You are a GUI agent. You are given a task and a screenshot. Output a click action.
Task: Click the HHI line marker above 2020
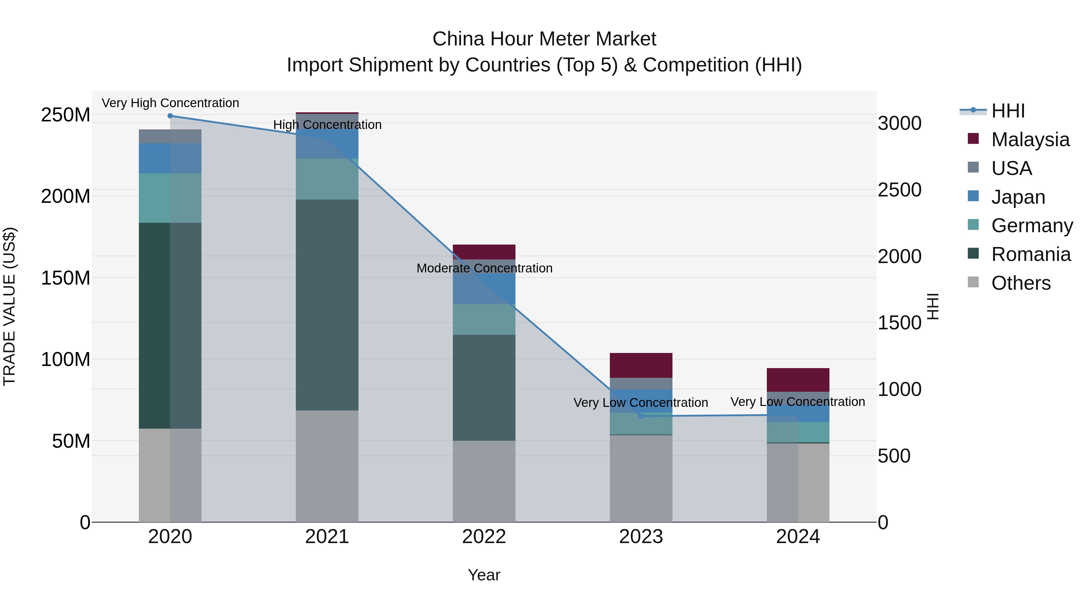(170, 116)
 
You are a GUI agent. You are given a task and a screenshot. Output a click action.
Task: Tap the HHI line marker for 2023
(641, 416)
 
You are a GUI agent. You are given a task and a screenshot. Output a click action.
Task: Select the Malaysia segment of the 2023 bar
(641, 365)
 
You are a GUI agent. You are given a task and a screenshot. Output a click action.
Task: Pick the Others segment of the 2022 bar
(484, 481)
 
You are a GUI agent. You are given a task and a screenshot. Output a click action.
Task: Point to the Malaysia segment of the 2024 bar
(798, 380)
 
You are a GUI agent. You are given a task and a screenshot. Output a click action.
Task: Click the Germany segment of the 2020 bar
(170, 198)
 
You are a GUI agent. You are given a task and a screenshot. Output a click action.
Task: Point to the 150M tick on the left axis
(66, 278)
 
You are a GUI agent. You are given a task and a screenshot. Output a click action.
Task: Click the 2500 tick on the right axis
(900, 190)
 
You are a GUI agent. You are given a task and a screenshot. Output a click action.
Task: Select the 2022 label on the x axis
(484, 537)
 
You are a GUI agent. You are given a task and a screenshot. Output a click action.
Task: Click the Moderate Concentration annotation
(485, 268)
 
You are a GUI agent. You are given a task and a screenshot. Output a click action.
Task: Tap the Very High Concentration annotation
(170, 103)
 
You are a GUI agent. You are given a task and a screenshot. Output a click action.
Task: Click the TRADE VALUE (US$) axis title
(9, 306)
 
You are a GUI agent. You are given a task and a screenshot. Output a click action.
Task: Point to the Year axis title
(484, 575)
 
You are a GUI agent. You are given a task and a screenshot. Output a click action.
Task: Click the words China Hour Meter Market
(544, 39)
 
